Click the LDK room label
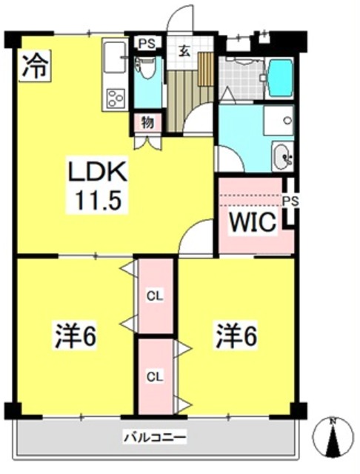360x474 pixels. pos(97,172)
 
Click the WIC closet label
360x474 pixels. pos(253,222)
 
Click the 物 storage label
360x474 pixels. pos(148,122)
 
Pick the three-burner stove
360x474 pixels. pos(116,98)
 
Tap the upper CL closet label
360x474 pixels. pos(155,296)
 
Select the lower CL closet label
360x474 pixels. pos(155,376)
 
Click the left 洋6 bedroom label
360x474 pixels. pos(76,336)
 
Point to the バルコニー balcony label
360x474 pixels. pos(155,437)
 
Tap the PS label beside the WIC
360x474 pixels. pos(290,201)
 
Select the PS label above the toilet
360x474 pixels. pos(147,44)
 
